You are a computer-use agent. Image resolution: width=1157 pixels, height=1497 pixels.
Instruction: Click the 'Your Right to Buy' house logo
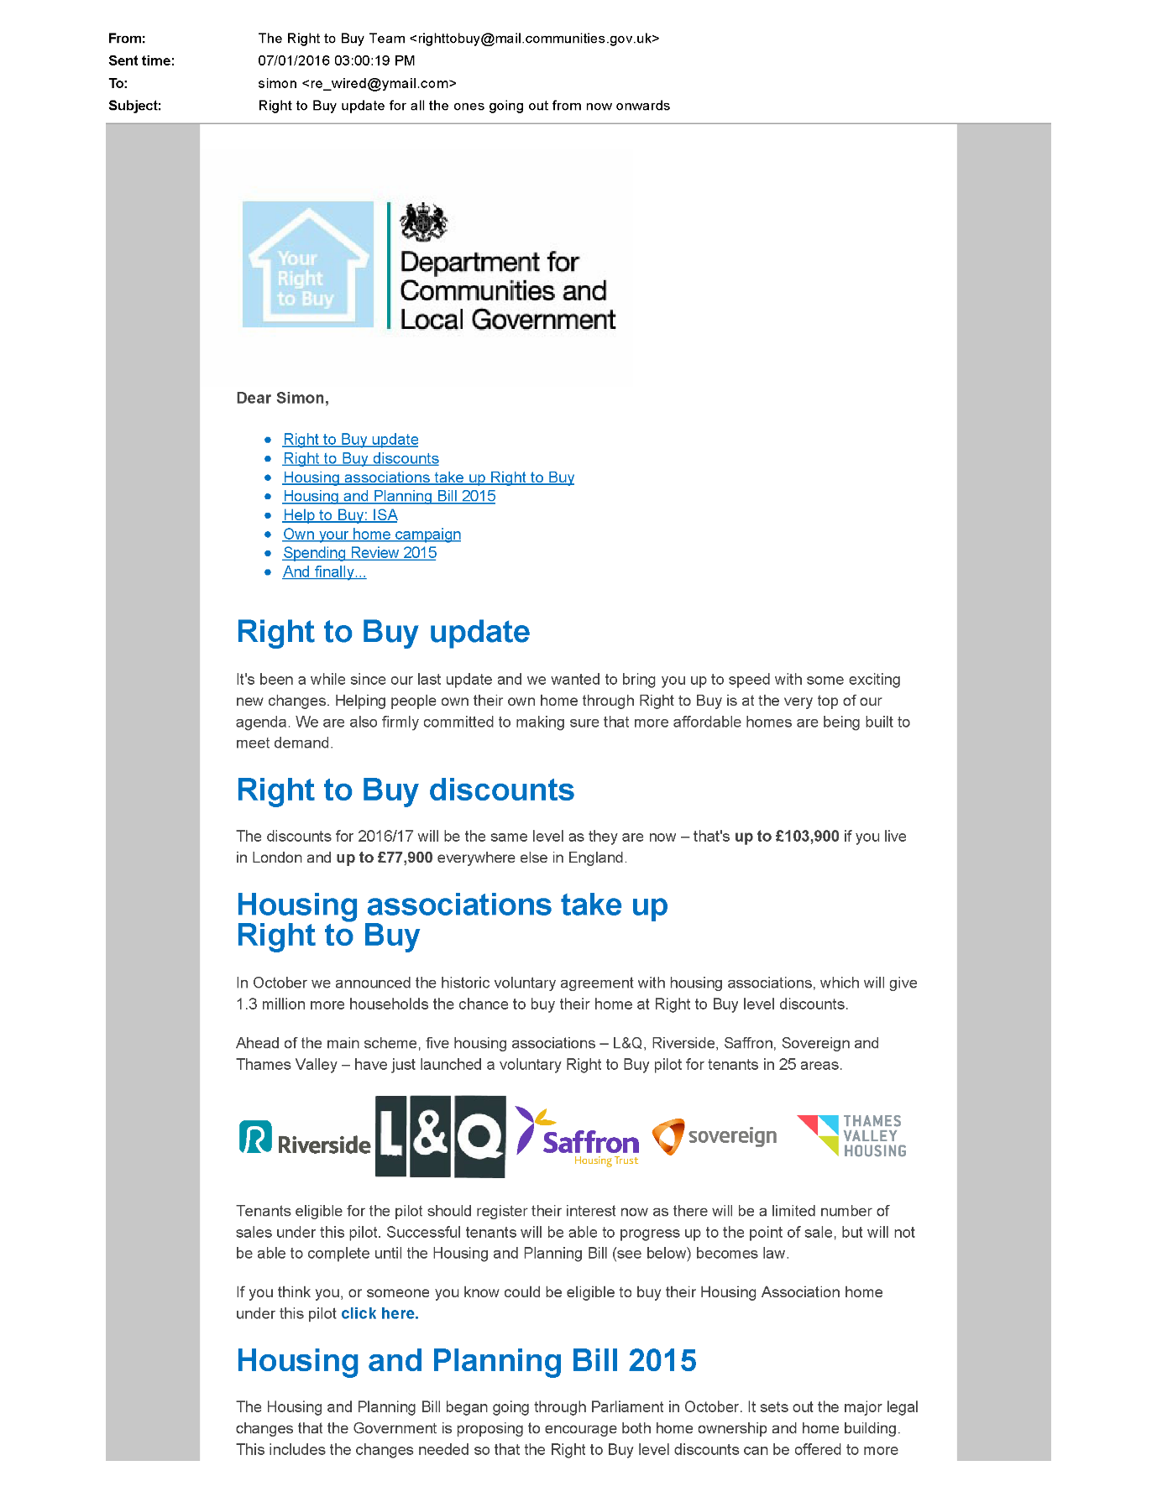(307, 264)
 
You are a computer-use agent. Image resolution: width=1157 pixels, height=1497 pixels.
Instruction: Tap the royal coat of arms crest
(423, 222)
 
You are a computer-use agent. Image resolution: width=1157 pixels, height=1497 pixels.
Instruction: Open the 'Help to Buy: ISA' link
(340, 515)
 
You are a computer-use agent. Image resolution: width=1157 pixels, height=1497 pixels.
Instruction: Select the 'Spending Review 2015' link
(359, 553)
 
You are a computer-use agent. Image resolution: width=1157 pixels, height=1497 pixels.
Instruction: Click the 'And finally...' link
(324, 572)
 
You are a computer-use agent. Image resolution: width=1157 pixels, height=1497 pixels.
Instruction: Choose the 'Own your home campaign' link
(372, 535)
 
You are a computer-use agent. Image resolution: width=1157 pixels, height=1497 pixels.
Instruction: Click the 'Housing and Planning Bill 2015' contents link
(389, 496)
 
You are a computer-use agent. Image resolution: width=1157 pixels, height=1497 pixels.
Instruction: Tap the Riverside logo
(305, 1140)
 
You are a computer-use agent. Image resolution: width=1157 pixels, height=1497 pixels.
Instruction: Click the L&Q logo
(440, 1136)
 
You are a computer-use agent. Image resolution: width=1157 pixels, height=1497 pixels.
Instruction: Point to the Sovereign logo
(715, 1136)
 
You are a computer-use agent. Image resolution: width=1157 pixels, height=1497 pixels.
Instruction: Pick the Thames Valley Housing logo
(851, 1135)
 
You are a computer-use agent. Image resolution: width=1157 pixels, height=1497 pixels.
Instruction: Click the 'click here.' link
(380, 1314)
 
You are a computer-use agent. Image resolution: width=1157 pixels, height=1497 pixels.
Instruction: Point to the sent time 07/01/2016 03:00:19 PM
(337, 60)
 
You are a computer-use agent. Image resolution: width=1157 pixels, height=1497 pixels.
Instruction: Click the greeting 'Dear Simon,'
(282, 399)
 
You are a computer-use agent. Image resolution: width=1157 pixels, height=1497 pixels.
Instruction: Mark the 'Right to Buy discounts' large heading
(406, 790)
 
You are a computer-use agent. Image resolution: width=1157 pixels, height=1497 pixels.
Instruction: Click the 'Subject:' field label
(134, 106)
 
